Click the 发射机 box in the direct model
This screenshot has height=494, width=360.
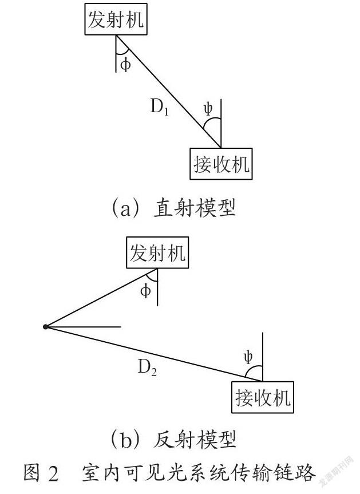116,19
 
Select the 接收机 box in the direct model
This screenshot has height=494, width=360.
221,164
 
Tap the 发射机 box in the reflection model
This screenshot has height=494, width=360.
157,252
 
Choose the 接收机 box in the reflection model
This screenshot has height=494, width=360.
263,397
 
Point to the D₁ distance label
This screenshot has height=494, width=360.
160,107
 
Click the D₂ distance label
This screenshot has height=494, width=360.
147,367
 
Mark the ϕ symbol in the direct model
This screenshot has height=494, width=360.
125,65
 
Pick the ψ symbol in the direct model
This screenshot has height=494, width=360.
208,109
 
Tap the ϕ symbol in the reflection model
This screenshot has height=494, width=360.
145,291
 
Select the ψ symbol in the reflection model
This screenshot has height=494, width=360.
248,357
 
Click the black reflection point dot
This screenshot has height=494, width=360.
46,327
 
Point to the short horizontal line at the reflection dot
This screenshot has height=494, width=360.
84,327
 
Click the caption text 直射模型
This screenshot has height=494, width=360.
195,208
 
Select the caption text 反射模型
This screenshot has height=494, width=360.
195,440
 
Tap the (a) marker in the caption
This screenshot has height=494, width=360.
125,208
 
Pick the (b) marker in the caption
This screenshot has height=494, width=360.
125,440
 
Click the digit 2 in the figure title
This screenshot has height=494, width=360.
54,473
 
